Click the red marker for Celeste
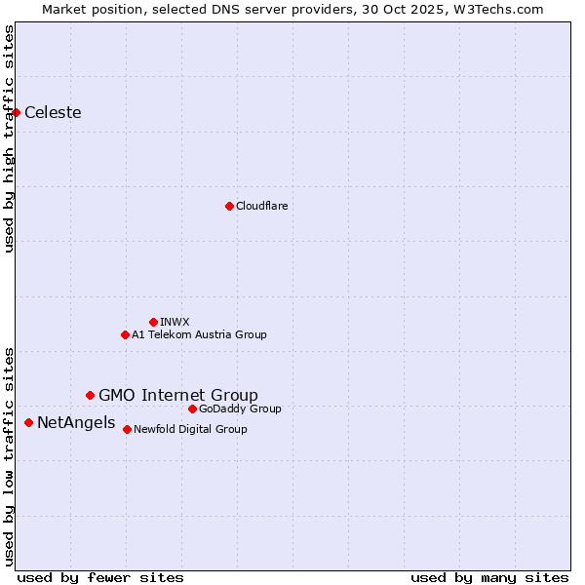pyautogui.click(x=16, y=112)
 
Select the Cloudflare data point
pyautogui.click(x=229, y=206)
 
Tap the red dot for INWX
pyautogui.click(x=153, y=322)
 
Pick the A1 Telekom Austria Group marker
pyautogui.click(x=125, y=334)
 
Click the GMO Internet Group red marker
pyautogui.click(x=90, y=395)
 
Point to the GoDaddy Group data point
pyautogui.click(x=192, y=409)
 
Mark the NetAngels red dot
pyautogui.click(x=28, y=422)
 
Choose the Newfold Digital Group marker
pyautogui.click(x=127, y=429)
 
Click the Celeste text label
pyautogui.click(x=53, y=112)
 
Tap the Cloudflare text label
pyautogui.click(x=261, y=206)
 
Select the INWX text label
pyautogui.click(x=175, y=322)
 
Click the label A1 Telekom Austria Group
pyautogui.click(x=199, y=334)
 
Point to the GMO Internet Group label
pyautogui.click(x=178, y=395)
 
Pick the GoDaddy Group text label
pyautogui.click(x=240, y=409)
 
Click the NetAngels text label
pyautogui.click(x=75, y=422)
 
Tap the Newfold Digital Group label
pyautogui.click(x=190, y=429)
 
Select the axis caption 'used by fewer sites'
pyautogui.click(x=100, y=577)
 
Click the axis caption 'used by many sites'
pyautogui.click(x=489, y=577)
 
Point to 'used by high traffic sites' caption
pyautogui.click(x=9, y=138)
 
